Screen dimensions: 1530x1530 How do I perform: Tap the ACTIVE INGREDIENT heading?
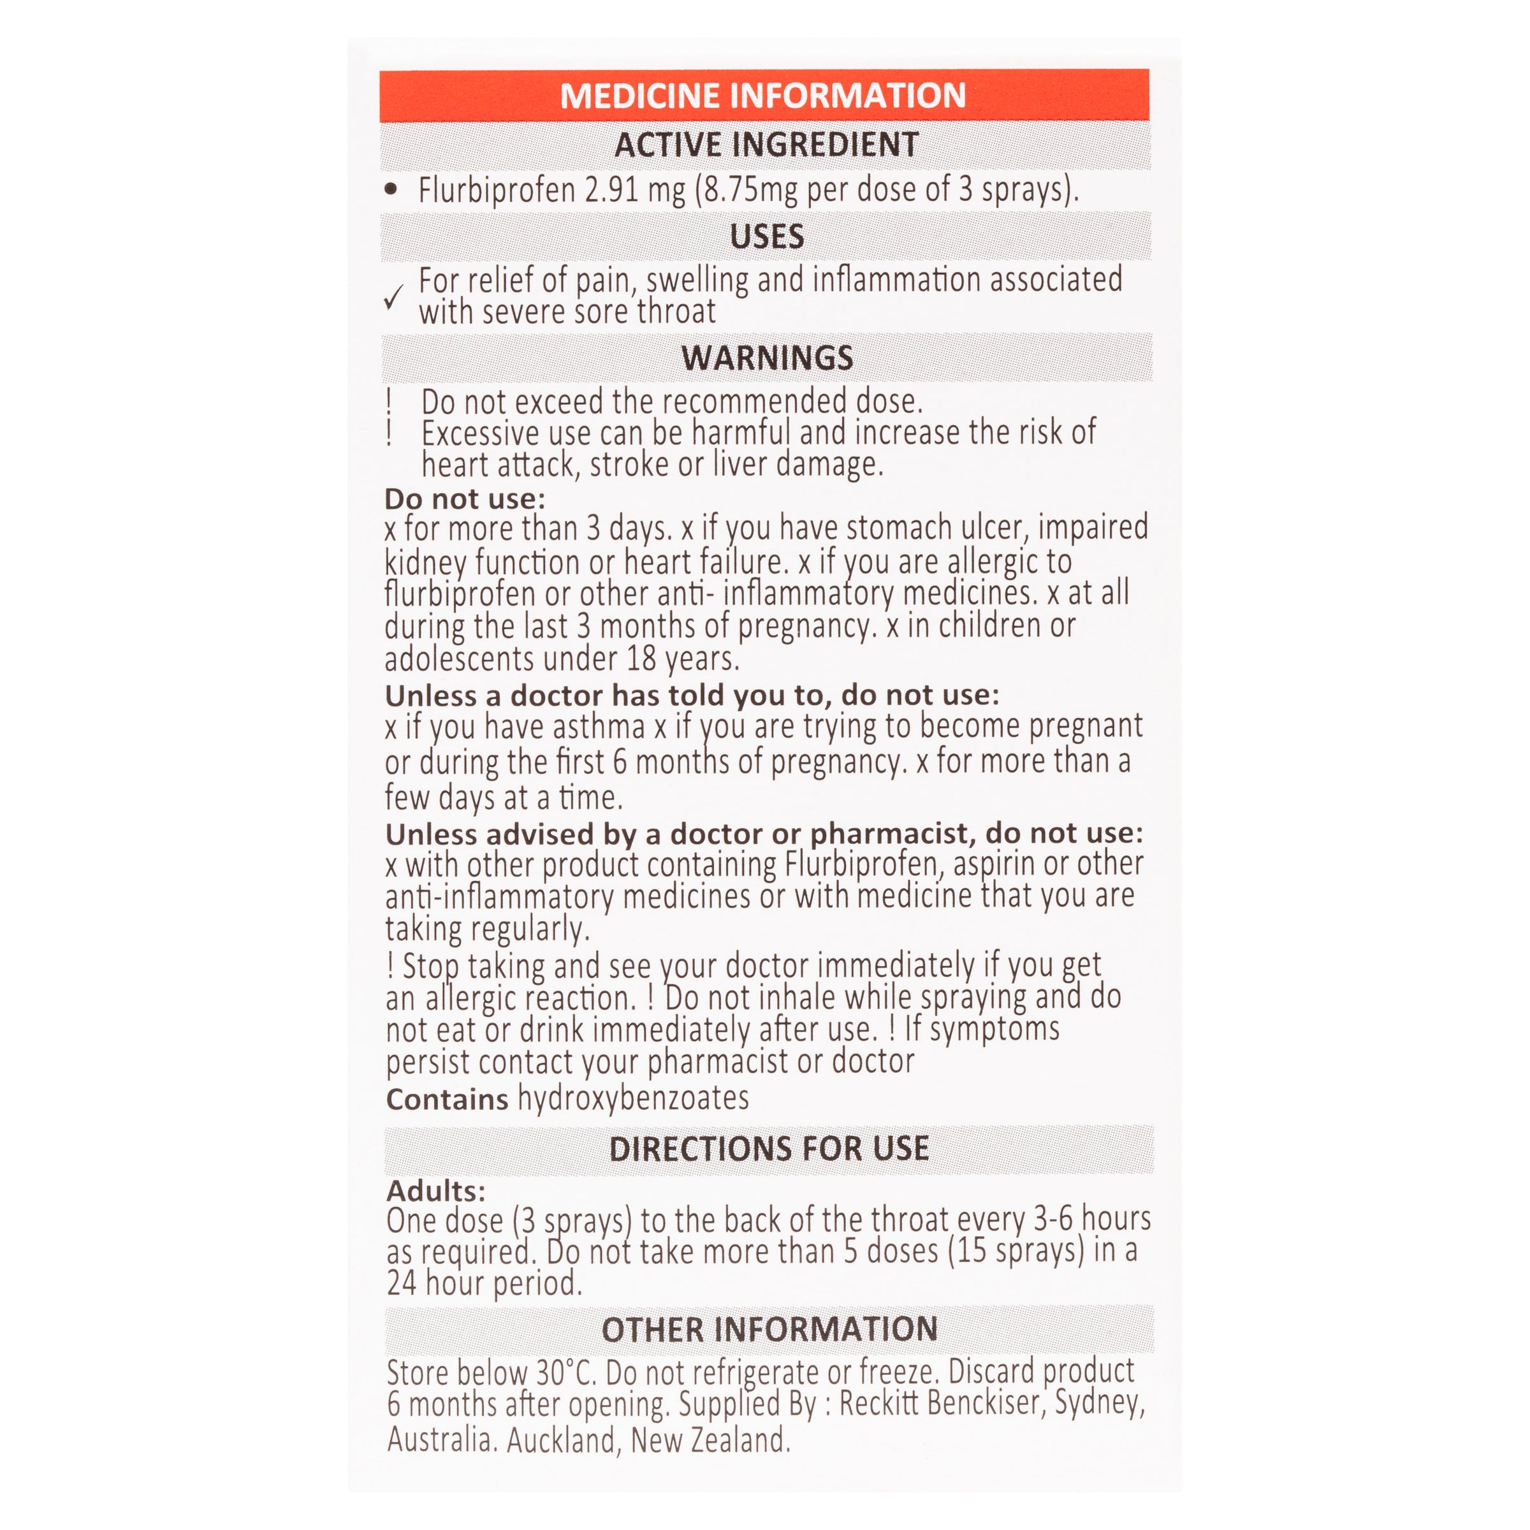(x=766, y=145)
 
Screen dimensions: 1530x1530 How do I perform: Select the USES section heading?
(x=766, y=237)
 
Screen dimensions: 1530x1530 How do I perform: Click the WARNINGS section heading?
(x=766, y=358)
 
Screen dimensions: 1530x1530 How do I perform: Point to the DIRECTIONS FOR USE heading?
(x=768, y=1148)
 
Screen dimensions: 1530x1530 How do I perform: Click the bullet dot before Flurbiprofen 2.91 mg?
(x=390, y=189)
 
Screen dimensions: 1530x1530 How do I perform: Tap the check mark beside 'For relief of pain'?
(x=393, y=297)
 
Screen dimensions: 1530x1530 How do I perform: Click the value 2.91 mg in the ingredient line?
(x=634, y=190)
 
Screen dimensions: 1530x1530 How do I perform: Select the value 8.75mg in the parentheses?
(x=748, y=190)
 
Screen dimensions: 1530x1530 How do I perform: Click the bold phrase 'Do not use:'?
(x=465, y=499)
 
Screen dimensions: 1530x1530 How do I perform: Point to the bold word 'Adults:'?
(x=435, y=1190)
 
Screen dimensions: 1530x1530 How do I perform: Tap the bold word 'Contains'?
(x=447, y=1099)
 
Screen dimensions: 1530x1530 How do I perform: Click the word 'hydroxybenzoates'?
(x=633, y=1098)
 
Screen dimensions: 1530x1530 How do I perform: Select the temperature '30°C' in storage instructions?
(x=570, y=1373)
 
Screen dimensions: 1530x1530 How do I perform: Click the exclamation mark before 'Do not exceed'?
(x=389, y=402)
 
